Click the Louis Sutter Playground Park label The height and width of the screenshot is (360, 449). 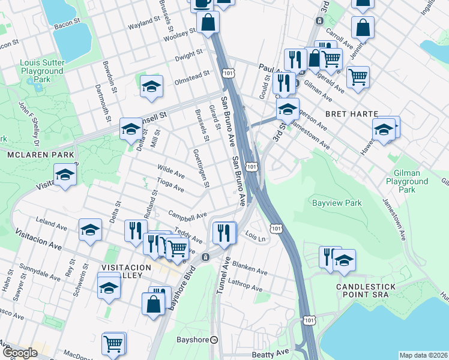[x=41, y=71]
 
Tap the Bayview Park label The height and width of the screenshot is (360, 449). [x=337, y=203]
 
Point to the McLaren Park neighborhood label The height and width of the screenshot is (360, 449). [x=40, y=155]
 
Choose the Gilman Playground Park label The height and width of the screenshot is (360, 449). [x=403, y=181]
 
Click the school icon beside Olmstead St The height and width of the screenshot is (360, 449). [x=152, y=86]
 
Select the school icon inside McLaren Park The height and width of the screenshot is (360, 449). [x=65, y=175]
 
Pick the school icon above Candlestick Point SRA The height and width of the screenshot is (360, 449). [x=345, y=260]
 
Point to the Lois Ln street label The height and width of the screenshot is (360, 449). [x=256, y=238]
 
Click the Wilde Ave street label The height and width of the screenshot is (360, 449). [x=170, y=172]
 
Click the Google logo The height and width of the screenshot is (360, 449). [x=19, y=353]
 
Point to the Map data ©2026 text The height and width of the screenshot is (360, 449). [x=423, y=355]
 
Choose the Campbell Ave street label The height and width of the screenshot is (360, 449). [x=187, y=215]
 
